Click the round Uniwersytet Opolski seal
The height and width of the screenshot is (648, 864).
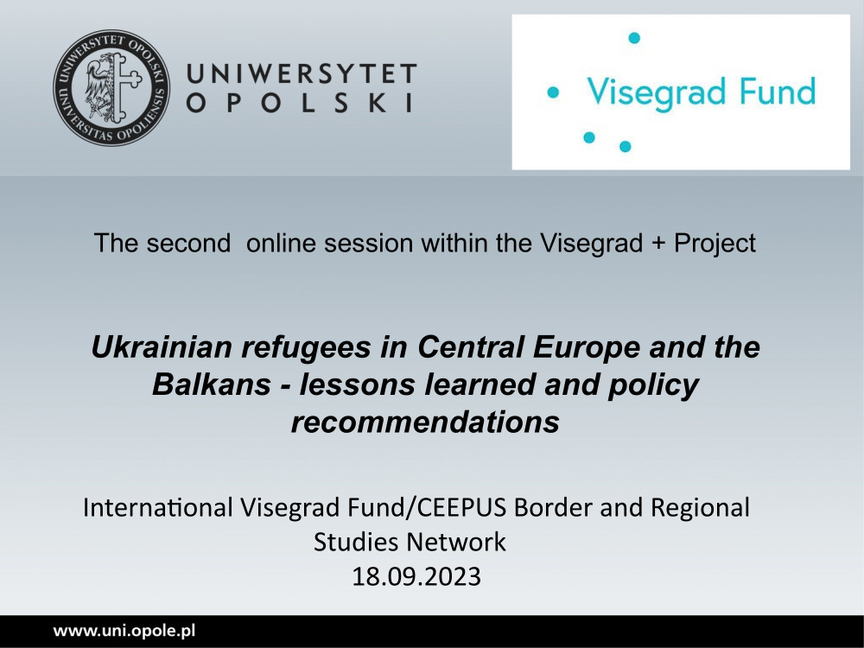pyautogui.click(x=111, y=87)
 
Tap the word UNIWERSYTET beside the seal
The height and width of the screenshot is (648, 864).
pyautogui.click(x=302, y=73)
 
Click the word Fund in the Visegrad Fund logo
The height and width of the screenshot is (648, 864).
pyautogui.click(x=778, y=92)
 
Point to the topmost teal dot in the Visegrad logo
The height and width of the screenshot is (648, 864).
pyautogui.click(x=634, y=38)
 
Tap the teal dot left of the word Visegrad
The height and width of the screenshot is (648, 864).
pyautogui.click(x=553, y=92)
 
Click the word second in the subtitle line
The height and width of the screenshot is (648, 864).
pyautogui.click(x=188, y=243)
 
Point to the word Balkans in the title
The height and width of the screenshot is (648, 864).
pyautogui.click(x=212, y=384)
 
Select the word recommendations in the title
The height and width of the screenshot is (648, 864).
pyautogui.click(x=425, y=422)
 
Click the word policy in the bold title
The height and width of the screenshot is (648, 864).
pyautogui.click(x=653, y=385)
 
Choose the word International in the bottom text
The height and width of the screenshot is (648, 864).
pyautogui.click(x=158, y=507)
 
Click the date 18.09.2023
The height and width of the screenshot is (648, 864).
pyautogui.click(x=416, y=577)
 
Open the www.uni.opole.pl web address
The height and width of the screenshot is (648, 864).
pyautogui.click(x=124, y=632)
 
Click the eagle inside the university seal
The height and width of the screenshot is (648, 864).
pyautogui.click(x=99, y=87)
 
